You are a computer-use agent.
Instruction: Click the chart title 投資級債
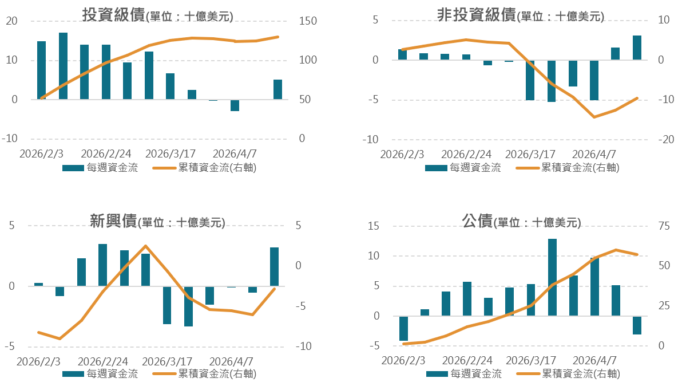[x=113, y=15]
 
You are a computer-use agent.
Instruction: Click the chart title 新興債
[x=113, y=221]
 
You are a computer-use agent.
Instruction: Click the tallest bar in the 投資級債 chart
[x=63, y=66]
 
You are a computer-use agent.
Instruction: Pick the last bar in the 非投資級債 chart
[x=637, y=48]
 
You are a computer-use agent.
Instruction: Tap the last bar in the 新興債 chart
[x=275, y=266]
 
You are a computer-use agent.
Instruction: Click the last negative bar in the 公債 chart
[x=637, y=325]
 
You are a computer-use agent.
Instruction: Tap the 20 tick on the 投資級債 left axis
[x=11, y=21]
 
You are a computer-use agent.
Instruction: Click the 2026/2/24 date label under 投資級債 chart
[x=106, y=154]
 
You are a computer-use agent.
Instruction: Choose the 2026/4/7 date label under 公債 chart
[x=595, y=360]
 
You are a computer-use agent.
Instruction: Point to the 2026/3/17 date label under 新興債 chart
[x=167, y=361]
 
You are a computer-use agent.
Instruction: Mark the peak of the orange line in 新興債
[x=145, y=246]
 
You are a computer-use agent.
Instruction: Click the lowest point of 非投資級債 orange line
[x=594, y=117]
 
